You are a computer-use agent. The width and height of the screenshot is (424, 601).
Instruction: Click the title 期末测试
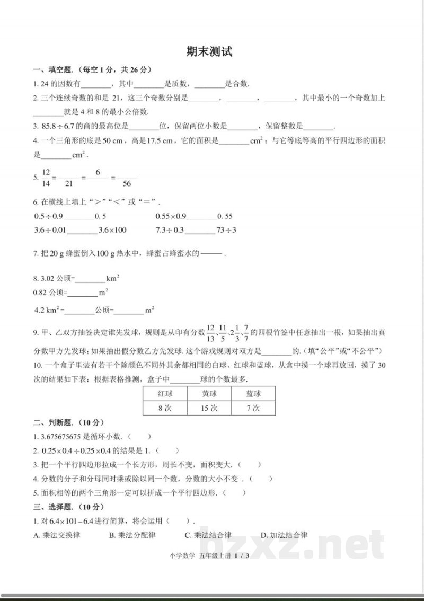pyautogui.click(x=209, y=52)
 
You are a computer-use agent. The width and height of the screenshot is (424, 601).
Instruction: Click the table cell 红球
pyautogui.click(x=165, y=394)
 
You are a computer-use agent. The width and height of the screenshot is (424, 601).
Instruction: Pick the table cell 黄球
pyautogui.click(x=209, y=394)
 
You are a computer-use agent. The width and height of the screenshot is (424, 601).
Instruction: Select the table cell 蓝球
pyautogui.click(x=253, y=394)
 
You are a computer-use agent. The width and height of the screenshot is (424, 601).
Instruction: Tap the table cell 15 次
pyautogui.click(x=209, y=408)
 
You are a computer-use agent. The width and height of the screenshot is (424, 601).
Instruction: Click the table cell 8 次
pyautogui.click(x=165, y=408)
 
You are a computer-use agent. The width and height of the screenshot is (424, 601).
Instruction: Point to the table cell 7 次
pyautogui.click(x=253, y=408)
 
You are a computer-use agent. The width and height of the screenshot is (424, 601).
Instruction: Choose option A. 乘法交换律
pyautogui.click(x=57, y=535)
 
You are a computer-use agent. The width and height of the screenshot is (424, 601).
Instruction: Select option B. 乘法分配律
pyautogui.click(x=132, y=535)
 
